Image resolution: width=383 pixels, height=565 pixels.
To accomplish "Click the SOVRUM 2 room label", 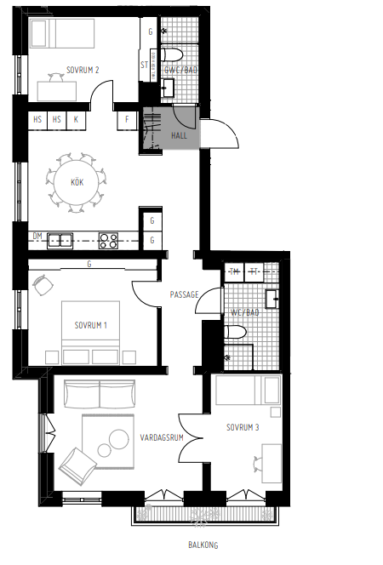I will pos(83,71).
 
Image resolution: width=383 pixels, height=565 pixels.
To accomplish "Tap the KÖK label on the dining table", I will pos(77,181).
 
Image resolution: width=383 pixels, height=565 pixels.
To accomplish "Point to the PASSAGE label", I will pos(184,294).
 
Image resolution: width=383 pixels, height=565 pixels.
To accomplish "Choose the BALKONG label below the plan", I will pos(204,545).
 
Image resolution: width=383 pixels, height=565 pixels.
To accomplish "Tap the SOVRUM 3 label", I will pos(243,427).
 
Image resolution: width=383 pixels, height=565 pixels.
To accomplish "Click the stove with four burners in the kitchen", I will pos(108,241).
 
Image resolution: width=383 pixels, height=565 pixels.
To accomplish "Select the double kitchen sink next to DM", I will pos(60,240).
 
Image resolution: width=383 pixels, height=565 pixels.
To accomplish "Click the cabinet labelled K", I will pos(76,121).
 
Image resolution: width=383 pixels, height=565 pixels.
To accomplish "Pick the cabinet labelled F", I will pos(128,121).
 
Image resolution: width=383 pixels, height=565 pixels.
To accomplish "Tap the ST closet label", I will pos(145,66).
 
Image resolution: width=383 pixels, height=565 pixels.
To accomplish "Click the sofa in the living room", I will pos(100,395).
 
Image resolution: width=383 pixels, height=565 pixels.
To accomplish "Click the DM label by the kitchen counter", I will pos(37,236).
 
